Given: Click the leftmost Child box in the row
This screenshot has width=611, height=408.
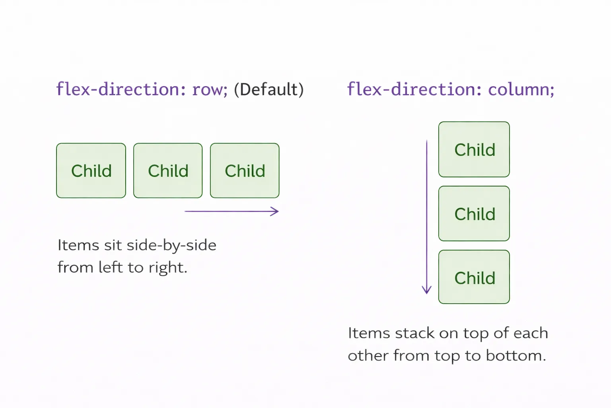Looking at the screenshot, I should (91, 171).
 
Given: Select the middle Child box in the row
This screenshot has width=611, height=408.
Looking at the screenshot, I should (168, 171).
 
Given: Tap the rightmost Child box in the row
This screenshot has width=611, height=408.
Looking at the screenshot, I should (245, 171).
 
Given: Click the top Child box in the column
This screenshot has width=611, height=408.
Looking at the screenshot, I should (474, 149).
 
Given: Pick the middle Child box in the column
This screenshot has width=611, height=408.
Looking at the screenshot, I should (474, 214).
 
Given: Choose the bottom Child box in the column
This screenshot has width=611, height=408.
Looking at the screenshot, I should (474, 277).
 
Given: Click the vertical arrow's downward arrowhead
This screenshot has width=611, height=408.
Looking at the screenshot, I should (427, 290).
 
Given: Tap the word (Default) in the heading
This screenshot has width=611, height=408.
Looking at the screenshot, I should (269, 89).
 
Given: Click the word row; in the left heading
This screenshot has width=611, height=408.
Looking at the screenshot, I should (210, 89).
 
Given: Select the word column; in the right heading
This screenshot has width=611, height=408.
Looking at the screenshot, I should (521, 89).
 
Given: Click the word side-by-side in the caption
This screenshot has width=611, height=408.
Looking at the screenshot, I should (171, 245).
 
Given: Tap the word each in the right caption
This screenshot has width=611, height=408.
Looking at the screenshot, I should (531, 333).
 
